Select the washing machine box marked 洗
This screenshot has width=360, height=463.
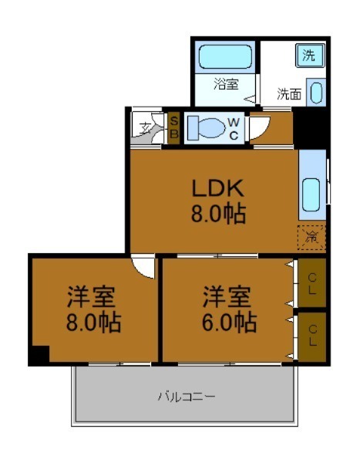pyautogui.click(x=308, y=56)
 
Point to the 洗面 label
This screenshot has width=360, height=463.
pyautogui.click(x=289, y=95)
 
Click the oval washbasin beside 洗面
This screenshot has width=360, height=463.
pyautogui.click(x=316, y=93)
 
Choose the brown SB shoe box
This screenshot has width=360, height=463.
pyautogui.click(x=174, y=127)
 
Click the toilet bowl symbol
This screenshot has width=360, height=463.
pyautogui.click(x=205, y=127)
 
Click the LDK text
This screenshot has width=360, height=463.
pyautogui.click(x=218, y=188)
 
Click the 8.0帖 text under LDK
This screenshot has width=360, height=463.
pyautogui.click(x=218, y=214)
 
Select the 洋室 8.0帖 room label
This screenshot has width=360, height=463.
pyautogui.click(x=93, y=309)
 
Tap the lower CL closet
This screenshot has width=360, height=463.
pyautogui.click(x=312, y=335)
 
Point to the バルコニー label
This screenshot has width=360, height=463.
pyautogui.click(x=186, y=397)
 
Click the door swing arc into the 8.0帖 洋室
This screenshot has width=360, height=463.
pyautogui.click(x=143, y=266)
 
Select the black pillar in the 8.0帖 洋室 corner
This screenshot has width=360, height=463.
pyautogui.click(x=39, y=355)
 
